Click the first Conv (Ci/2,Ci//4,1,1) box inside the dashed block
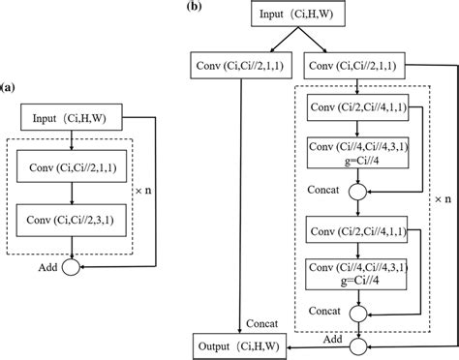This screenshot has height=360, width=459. click(359, 106)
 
